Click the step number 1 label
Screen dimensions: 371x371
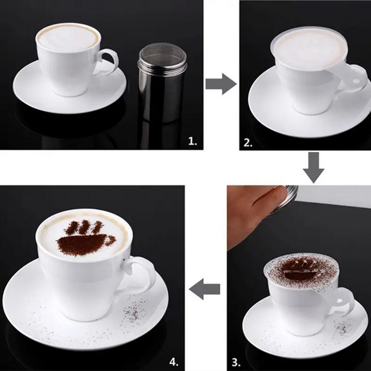point(192,142)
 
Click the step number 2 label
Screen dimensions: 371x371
point(248,142)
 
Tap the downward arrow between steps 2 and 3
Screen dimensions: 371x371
point(313,166)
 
